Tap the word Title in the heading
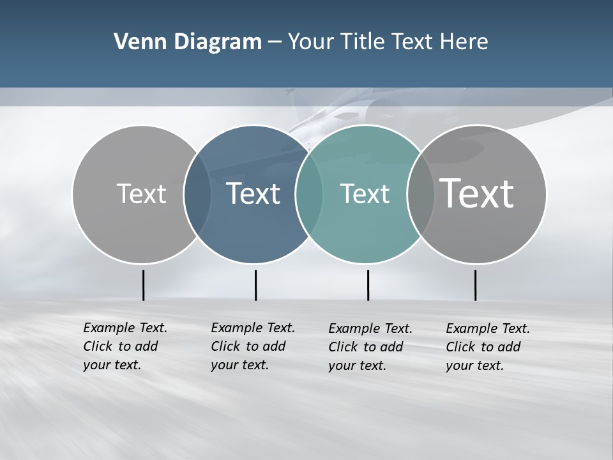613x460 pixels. (x=364, y=42)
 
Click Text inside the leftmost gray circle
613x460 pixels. (x=141, y=194)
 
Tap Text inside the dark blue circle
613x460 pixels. (x=254, y=194)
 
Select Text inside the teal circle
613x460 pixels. (x=365, y=194)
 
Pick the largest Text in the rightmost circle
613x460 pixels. (x=477, y=194)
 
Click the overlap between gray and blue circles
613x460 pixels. (x=197, y=194)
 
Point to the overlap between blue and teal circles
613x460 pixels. (x=309, y=194)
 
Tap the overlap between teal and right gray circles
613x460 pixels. (x=420, y=194)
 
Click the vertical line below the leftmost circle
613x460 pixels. (x=143, y=285)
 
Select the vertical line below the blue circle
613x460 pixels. (x=255, y=285)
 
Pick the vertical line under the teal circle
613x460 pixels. (x=368, y=285)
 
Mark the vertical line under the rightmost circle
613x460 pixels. (x=475, y=285)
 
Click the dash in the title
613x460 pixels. (x=275, y=43)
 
